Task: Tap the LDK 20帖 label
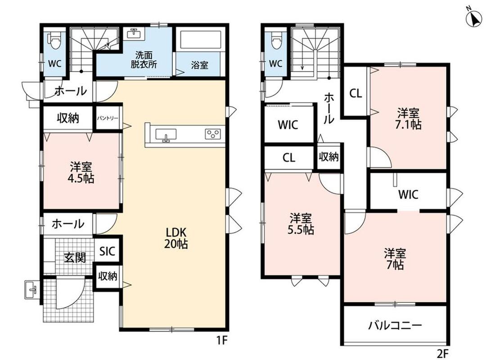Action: coord(176,238)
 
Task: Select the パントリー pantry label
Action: coord(108,118)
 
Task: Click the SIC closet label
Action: coord(108,252)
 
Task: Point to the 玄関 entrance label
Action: coord(75,258)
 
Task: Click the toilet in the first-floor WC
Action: coord(54,41)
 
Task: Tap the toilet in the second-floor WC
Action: coord(275,40)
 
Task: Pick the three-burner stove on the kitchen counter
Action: coord(212,134)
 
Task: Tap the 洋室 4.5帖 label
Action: coord(81,172)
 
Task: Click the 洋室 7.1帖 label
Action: coord(408,119)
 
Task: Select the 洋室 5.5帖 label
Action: coord(301,224)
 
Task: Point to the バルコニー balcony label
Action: coord(395,325)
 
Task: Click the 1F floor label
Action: coord(222,340)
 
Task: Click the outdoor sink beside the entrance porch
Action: coord(32,289)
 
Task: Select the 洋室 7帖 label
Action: coord(395,259)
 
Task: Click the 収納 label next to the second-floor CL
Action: coord(329,157)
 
